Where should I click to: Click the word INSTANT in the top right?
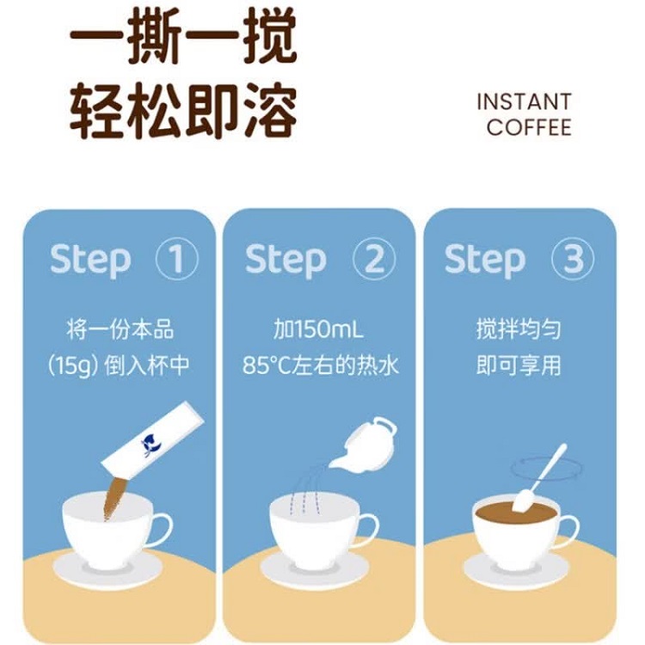[x=524, y=101]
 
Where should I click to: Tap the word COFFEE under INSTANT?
[x=529, y=126]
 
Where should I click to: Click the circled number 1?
[x=177, y=259]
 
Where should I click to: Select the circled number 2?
[x=373, y=259]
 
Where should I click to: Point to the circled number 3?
[x=573, y=259]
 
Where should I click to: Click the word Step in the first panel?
[x=90, y=260]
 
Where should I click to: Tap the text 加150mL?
[x=319, y=329]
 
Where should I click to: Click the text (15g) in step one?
[x=73, y=365]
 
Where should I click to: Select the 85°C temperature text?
[x=267, y=365]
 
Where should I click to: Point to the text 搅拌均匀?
[x=519, y=329]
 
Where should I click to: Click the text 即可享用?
[x=519, y=365]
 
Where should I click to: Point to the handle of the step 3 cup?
[x=569, y=532]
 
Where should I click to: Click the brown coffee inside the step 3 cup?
[x=516, y=513]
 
